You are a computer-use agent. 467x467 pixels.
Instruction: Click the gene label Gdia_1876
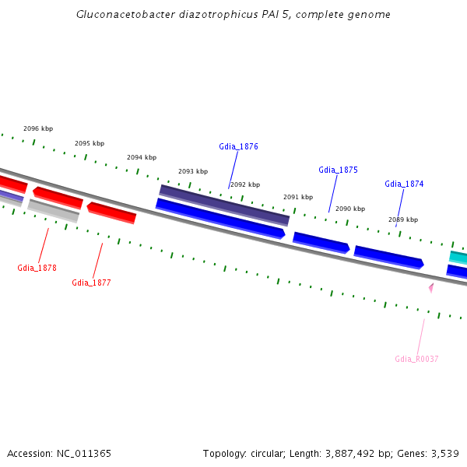(238, 146)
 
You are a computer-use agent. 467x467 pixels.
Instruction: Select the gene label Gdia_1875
(338, 170)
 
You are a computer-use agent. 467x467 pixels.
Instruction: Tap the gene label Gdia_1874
(404, 184)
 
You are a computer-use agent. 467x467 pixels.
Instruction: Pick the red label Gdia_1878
(37, 268)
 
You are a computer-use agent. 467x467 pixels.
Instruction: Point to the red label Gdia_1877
(91, 283)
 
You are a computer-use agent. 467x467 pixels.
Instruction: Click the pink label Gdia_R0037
(416, 359)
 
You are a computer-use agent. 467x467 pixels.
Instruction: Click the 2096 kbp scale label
(38, 128)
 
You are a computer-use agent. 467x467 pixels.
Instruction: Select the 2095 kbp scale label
(90, 143)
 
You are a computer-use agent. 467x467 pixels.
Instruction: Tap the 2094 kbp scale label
(142, 157)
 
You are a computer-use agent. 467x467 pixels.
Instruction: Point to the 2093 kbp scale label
(193, 171)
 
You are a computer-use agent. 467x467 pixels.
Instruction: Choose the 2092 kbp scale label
(245, 184)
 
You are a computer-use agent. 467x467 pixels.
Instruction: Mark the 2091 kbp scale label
(298, 197)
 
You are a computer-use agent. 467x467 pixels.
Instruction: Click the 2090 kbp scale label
(350, 209)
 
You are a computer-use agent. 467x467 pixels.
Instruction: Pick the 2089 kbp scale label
(403, 219)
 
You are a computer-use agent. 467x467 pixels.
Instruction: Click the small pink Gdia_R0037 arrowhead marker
(430, 288)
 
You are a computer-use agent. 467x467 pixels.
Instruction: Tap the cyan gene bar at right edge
(458, 257)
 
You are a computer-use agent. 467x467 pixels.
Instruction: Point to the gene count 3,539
(444, 453)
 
